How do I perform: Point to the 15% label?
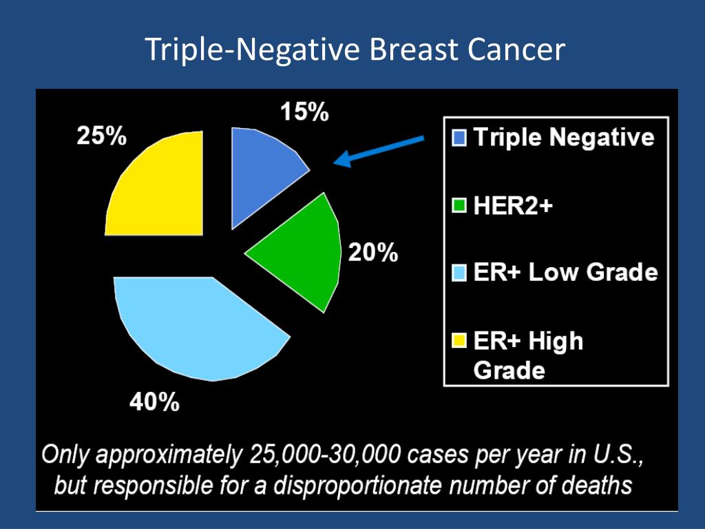pyautogui.click(x=304, y=112)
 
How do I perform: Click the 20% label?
pyautogui.click(x=372, y=253)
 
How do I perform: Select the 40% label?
pyautogui.click(x=155, y=401)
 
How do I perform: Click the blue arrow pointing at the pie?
pyautogui.click(x=379, y=151)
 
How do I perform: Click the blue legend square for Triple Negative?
pyautogui.click(x=460, y=138)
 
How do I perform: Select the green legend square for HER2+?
pyautogui.click(x=460, y=205)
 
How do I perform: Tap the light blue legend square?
pyautogui.click(x=460, y=273)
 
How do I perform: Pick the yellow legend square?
pyautogui.click(x=460, y=341)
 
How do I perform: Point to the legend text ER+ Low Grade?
pyautogui.click(x=565, y=273)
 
